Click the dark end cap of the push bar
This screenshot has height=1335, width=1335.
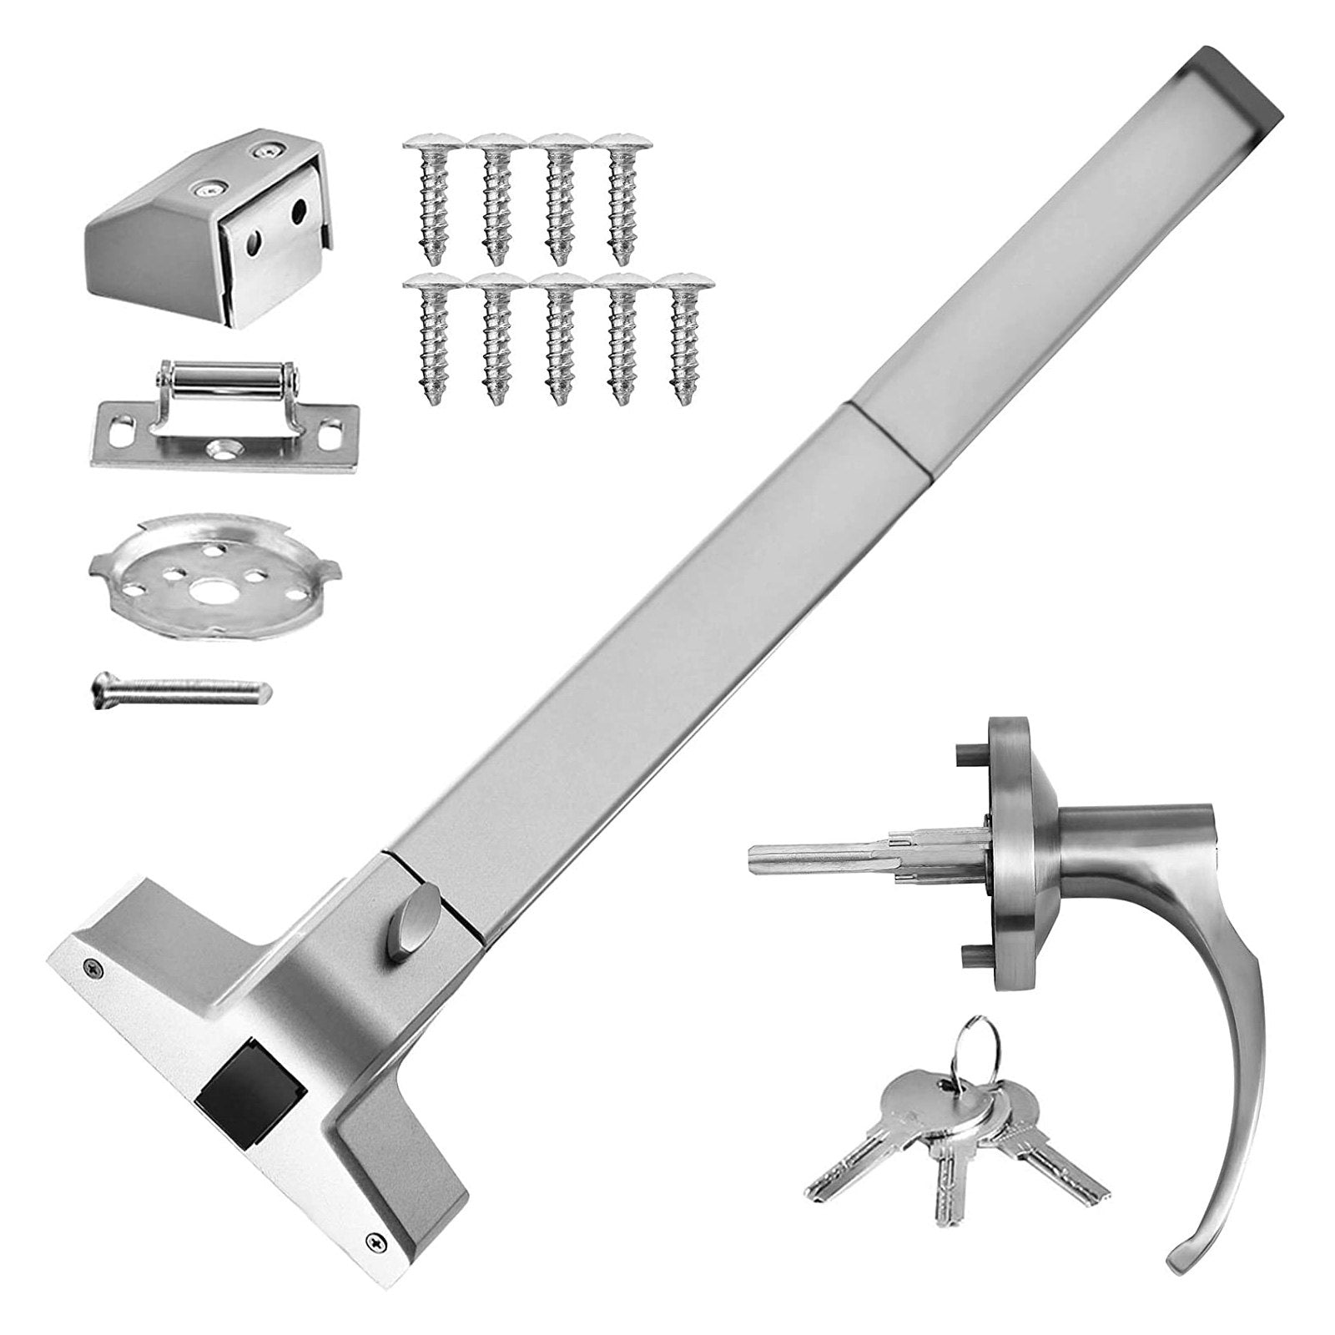coord(1236,84)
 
